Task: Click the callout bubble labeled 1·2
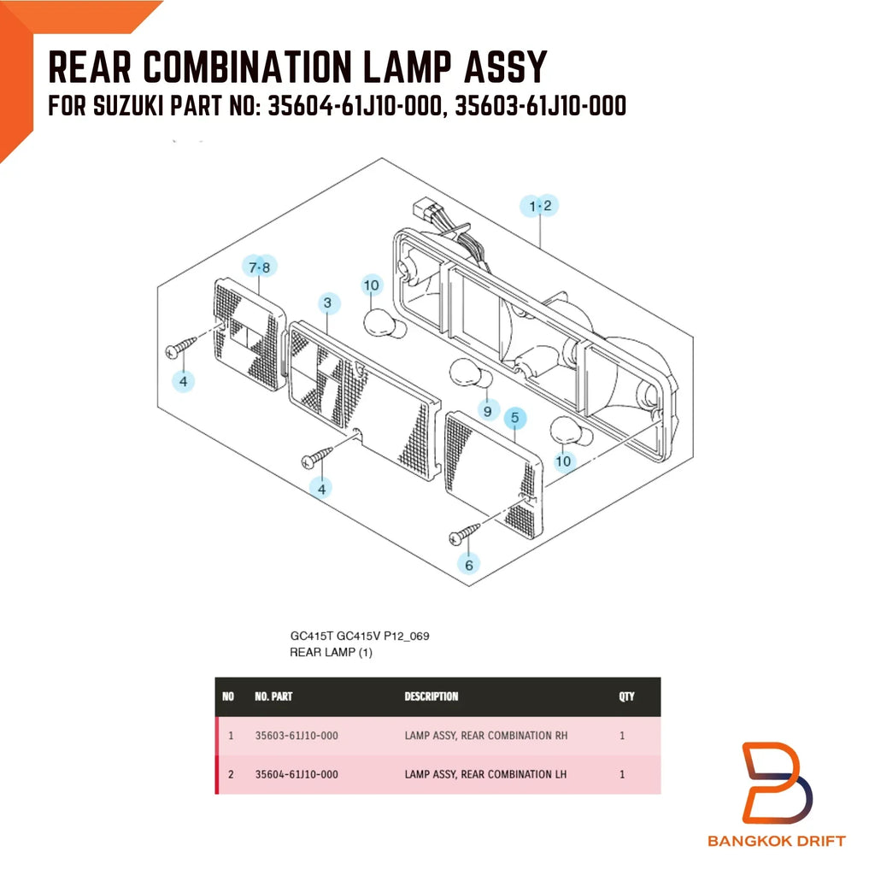pos(539,206)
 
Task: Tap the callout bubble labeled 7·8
pos(260,267)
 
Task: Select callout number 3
pos(328,303)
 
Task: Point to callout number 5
pos(515,417)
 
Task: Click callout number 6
pos(469,565)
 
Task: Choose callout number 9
pos(488,411)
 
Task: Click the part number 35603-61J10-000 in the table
pos(297,736)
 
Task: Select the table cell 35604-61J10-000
pos(297,774)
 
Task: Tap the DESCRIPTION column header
pos(432,696)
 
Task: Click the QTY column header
pos(626,696)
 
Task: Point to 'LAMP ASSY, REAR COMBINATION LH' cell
pos(485,774)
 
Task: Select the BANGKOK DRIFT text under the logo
pos(776,841)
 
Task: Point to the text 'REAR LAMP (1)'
pos(331,652)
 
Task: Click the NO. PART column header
pos(273,696)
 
